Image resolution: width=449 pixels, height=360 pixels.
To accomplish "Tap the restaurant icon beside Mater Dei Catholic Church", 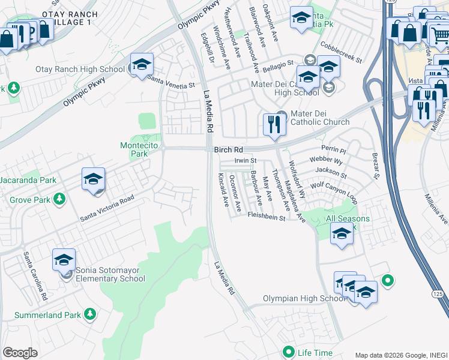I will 273,125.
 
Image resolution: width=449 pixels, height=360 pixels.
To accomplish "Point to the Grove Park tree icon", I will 59,198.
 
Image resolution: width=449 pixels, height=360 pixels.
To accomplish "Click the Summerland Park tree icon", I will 89,314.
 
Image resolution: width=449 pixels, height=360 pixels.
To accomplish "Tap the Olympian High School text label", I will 304,298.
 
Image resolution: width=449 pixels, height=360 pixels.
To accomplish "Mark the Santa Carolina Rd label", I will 35,276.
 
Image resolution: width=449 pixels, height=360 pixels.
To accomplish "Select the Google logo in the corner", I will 19,352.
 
